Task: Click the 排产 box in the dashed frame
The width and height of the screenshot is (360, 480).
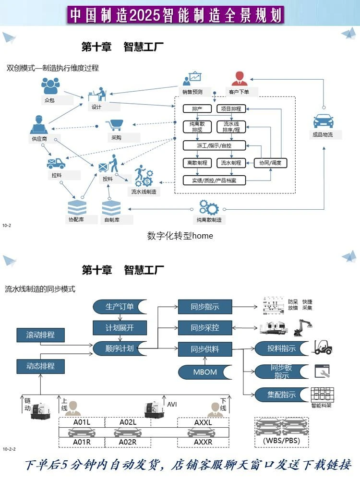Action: point(197,108)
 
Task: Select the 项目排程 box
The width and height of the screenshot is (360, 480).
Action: point(231,108)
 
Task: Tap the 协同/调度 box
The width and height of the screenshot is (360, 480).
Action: point(270,163)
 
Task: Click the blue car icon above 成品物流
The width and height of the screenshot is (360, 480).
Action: point(323,120)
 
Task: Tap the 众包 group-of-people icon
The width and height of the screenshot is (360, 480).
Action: point(50,86)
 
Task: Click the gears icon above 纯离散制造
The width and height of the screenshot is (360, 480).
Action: point(209,207)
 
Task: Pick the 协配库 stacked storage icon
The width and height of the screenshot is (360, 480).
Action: point(76,207)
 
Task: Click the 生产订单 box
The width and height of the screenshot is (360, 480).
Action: point(120,307)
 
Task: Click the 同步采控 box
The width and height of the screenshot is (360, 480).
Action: point(205,328)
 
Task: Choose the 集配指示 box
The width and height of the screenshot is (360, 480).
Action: point(281,395)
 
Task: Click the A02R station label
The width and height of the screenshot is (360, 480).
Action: point(128,442)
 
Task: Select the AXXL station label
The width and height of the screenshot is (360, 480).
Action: point(203,422)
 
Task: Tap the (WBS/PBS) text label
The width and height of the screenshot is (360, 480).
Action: point(281,440)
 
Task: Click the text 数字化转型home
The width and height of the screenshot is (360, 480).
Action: point(180,236)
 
